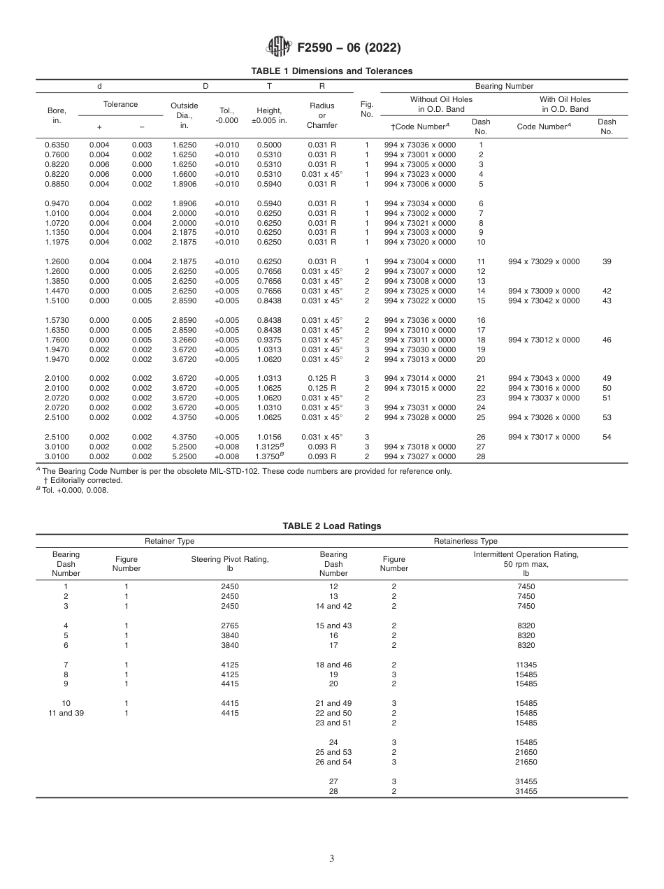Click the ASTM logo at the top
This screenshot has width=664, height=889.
pos(278,48)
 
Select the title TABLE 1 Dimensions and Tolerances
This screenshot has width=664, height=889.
pos(332,71)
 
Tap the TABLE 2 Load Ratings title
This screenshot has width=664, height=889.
pos(332,526)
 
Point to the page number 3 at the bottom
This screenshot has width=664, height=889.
pos(332,859)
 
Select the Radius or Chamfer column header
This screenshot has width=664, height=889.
pos(322,115)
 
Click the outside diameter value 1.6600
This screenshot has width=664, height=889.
pos(185,174)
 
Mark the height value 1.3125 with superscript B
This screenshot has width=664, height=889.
pos(269,447)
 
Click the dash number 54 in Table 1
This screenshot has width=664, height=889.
pos(606,437)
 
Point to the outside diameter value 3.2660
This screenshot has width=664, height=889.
pos(185,340)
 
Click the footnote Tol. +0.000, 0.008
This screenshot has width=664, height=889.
pos(73,489)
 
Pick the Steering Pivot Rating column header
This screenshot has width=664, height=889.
pos(230,563)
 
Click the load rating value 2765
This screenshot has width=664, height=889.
pos(230,625)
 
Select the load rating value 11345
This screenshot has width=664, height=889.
pos(526,664)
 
